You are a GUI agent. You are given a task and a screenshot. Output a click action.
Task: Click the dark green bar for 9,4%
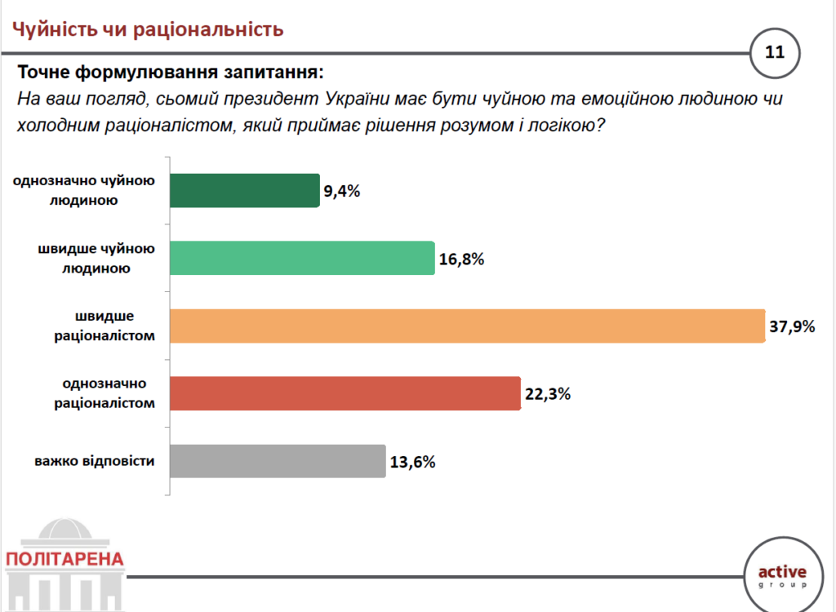tap(243, 190)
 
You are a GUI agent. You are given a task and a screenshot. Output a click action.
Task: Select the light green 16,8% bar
tap(301, 258)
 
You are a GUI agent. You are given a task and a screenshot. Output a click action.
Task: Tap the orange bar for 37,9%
tap(466, 326)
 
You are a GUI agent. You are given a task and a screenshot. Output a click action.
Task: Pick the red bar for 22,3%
tap(345, 393)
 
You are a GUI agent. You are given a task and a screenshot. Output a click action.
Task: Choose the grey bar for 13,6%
tap(277, 461)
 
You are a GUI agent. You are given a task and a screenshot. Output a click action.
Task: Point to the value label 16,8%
tap(461, 259)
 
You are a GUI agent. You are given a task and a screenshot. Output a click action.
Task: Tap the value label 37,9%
tap(792, 327)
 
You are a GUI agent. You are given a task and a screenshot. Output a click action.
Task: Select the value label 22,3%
tap(547, 395)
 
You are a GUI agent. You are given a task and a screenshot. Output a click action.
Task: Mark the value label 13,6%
tap(412, 463)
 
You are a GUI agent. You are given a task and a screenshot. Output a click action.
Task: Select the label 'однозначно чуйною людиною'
tap(90, 190)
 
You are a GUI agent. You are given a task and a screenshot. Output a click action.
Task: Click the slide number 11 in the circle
tap(774, 53)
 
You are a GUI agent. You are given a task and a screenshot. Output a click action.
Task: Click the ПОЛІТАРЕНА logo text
tap(64, 560)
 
